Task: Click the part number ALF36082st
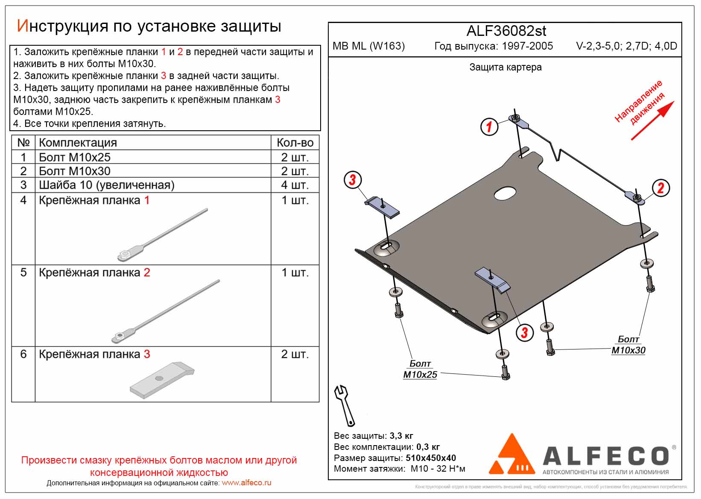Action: click(506, 31)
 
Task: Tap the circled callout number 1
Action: click(489, 126)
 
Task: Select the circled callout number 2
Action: click(660, 188)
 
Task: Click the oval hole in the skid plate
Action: click(505, 194)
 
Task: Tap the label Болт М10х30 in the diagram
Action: click(628, 345)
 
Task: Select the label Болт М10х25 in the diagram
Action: click(420, 369)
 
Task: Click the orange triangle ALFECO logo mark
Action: click(511, 455)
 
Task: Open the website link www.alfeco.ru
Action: click(246, 483)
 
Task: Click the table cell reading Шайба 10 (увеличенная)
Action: click(107, 185)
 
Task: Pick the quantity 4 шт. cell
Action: click(295, 185)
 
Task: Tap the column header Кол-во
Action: click(295, 143)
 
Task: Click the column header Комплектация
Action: click(78, 143)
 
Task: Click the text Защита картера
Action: click(505, 68)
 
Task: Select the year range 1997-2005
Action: click(527, 46)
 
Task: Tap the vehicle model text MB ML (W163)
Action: click(368, 46)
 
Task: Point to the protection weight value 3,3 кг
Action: click(401, 436)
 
